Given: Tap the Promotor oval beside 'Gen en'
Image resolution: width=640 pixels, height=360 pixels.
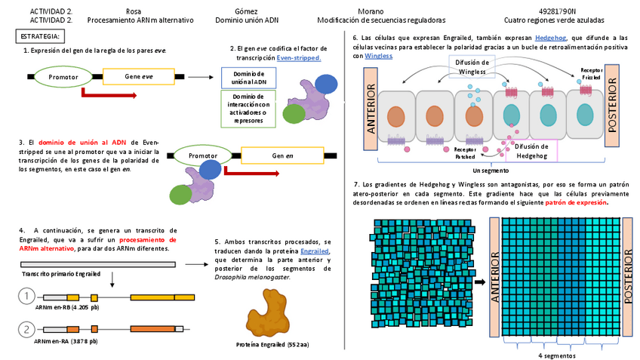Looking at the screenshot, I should (x=203, y=155).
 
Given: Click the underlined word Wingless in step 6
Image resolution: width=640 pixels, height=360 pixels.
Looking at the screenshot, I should (x=378, y=56).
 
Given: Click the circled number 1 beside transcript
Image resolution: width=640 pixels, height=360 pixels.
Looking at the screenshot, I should (x=27, y=297).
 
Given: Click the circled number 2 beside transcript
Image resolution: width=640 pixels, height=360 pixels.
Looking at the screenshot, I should (x=27, y=329).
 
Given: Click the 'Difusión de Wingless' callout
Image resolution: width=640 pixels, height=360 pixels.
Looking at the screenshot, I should (x=472, y=66).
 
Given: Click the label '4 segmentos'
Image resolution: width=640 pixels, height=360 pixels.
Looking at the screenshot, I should (x=558, y=355).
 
